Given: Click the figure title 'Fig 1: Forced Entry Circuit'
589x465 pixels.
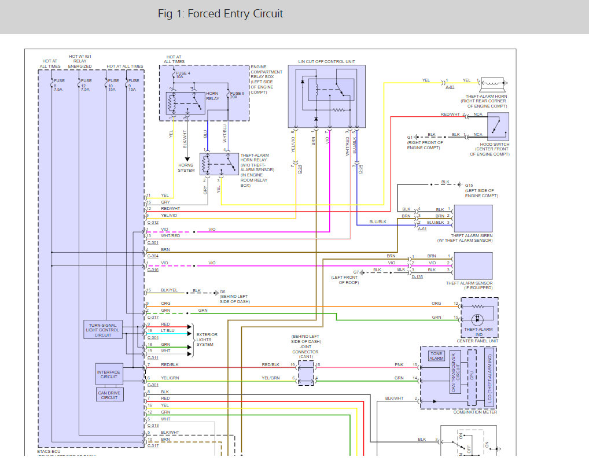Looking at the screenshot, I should point(220,14).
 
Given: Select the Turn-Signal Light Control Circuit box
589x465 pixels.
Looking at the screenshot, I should point(102,330).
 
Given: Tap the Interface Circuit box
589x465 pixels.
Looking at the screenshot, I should point(109,374).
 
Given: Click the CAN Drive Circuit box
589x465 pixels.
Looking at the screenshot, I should point(109,394).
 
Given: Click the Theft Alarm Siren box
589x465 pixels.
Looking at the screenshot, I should point(473,219).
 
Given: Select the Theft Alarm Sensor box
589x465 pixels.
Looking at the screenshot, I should point(473,265).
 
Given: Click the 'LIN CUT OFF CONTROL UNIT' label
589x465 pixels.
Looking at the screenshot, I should point(326,62).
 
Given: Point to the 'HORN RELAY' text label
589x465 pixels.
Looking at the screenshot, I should point(213,96).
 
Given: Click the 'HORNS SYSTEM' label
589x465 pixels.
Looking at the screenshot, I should point(186,168).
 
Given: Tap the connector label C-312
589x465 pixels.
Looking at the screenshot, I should point(153,222).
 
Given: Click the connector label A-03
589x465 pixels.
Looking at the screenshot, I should point(450,87).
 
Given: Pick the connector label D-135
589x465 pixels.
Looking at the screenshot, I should point(417,277).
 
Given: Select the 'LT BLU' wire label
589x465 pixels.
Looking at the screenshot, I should point(168,330).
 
